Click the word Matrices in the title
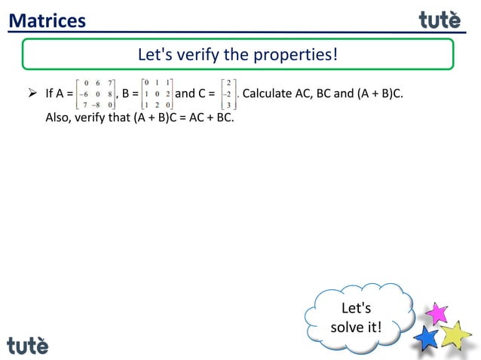tap(47, 20)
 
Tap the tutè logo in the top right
tap(440, 20)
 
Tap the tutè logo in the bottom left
tap(28, 345)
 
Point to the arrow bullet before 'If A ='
tap(32, 94)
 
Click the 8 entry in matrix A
tap(110, 94)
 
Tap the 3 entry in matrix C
tap(228, 106)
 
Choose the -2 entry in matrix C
tap(227, 94)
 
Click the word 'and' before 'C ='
tap(185, 94)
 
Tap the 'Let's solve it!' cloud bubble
tap(356, 318)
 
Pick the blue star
tap(427, 337)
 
